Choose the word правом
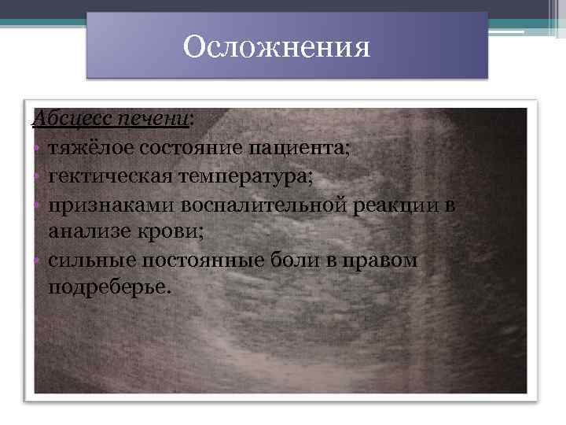(x=385, y=260)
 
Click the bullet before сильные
(x=37, y=261)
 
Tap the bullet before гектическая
(x=37, y=177)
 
